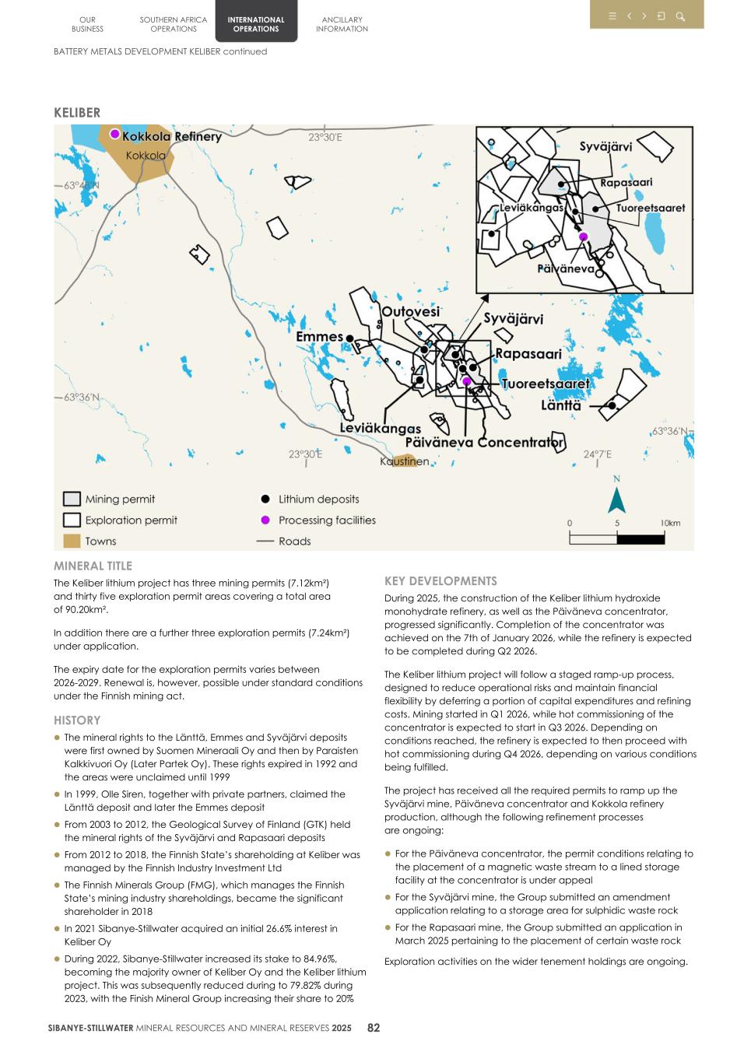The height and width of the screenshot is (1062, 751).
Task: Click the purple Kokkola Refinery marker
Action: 114,134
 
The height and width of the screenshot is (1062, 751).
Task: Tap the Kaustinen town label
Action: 404,461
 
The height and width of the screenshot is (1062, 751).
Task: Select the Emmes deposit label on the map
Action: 319,337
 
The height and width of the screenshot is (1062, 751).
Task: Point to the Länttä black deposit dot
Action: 612,405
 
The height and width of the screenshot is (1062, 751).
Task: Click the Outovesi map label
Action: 410,311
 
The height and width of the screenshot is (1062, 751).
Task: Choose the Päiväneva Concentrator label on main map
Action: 484,443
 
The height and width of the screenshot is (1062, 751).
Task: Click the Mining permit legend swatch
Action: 72,499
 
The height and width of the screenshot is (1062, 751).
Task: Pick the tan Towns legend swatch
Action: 72,542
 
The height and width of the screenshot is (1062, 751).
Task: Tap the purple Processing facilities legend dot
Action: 265,520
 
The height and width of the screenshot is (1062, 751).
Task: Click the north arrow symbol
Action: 616,499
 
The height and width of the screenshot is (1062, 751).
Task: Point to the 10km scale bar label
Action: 670,523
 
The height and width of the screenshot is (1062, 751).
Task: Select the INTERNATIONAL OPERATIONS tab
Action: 256,24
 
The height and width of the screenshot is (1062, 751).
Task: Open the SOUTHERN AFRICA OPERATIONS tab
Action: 174,24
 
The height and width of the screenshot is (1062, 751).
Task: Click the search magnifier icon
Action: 680,16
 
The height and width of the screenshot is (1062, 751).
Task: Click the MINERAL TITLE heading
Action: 93,566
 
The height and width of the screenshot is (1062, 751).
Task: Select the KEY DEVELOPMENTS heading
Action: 440,581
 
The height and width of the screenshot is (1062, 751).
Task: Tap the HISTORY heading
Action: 77,720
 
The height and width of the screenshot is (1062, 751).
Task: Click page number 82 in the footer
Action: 374,1028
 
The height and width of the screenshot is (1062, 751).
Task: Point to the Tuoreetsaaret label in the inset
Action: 651,208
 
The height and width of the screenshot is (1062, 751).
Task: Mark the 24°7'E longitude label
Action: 598,454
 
